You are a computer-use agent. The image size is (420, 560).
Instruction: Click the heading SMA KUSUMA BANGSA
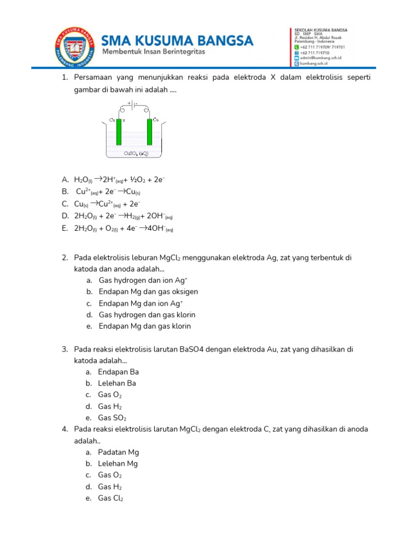point(178,40)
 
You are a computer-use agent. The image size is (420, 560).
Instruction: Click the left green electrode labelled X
point(118,134)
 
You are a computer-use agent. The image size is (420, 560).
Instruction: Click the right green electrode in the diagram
point(149,133)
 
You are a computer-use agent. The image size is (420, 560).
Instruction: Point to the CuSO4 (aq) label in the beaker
point(136,154)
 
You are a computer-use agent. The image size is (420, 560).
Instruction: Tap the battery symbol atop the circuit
point(131,103)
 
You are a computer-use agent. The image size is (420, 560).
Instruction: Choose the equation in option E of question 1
point(124,229)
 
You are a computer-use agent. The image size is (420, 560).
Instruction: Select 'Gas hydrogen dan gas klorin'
point(147,315)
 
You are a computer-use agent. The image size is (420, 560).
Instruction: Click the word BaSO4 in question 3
point(192,349)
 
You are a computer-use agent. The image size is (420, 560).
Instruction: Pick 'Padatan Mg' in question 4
point(118,452)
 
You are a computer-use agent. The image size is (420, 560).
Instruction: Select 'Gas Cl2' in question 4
point(110,498)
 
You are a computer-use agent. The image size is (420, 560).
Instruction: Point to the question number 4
point(64,429)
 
